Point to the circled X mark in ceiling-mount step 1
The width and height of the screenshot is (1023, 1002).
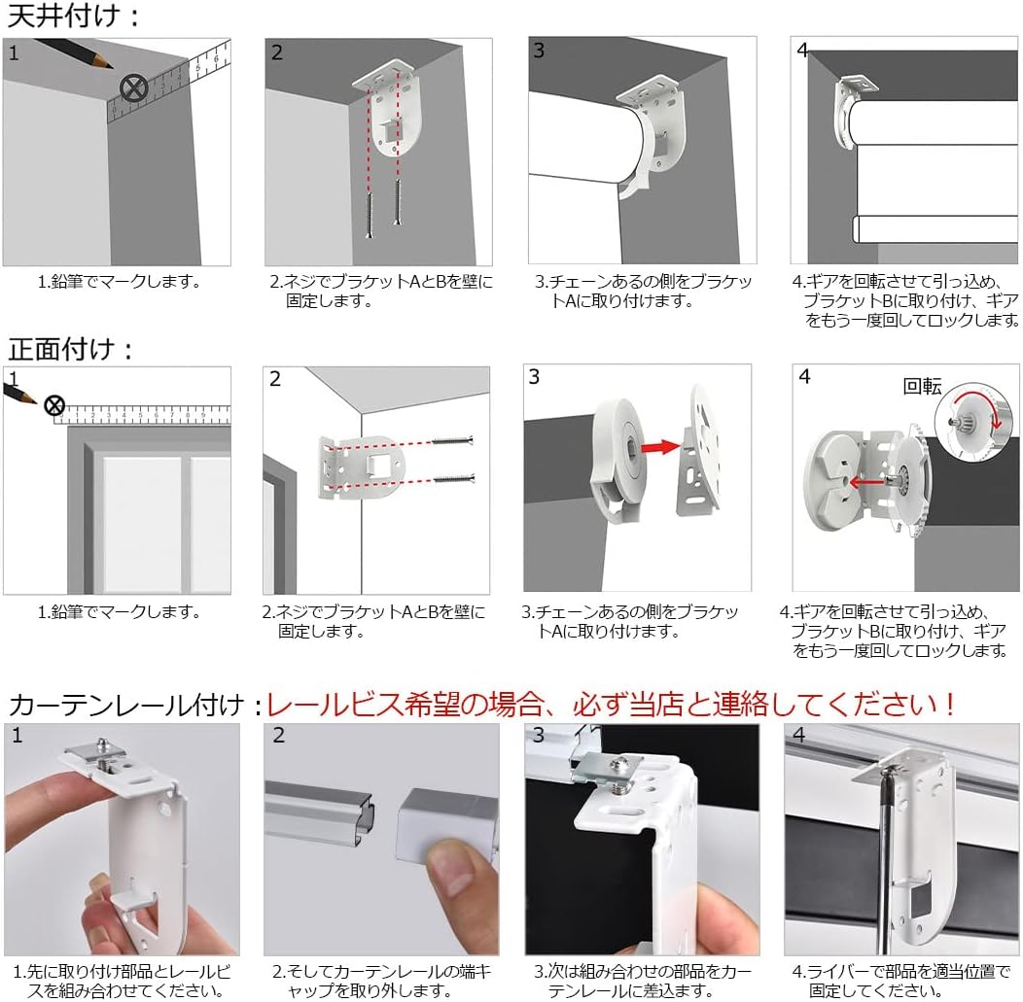point(133,88)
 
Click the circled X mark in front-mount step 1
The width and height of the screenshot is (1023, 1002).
point(55,405)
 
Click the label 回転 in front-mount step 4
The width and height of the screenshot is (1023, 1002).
point(922,386)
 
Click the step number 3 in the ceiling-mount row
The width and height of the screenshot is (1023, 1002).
point(539,51)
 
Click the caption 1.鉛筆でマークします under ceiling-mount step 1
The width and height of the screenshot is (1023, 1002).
point(119,282)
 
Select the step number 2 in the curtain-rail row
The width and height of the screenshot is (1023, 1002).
point(279,735)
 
